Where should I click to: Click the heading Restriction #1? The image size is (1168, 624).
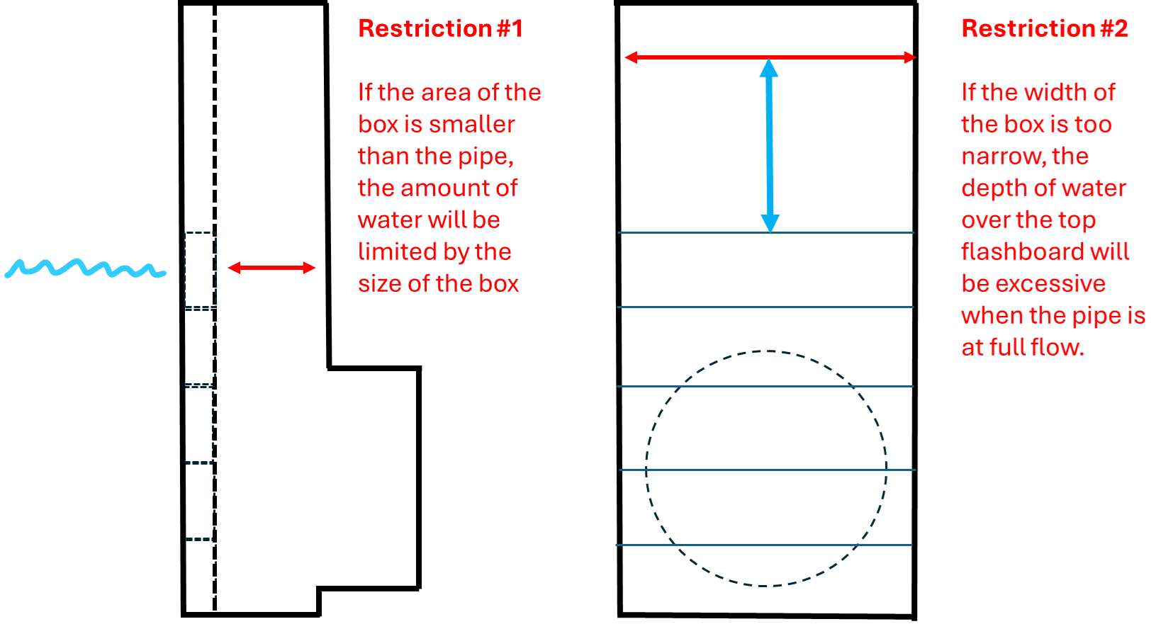[440, 28]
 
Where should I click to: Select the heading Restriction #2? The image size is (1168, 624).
[1045, 28]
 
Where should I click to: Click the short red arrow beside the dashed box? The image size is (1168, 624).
[272, 268]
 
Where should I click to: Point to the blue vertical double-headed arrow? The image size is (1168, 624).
[770, 145]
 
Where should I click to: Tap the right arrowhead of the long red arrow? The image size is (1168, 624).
[910, 57]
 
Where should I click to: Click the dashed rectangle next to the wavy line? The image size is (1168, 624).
[201, 270]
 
